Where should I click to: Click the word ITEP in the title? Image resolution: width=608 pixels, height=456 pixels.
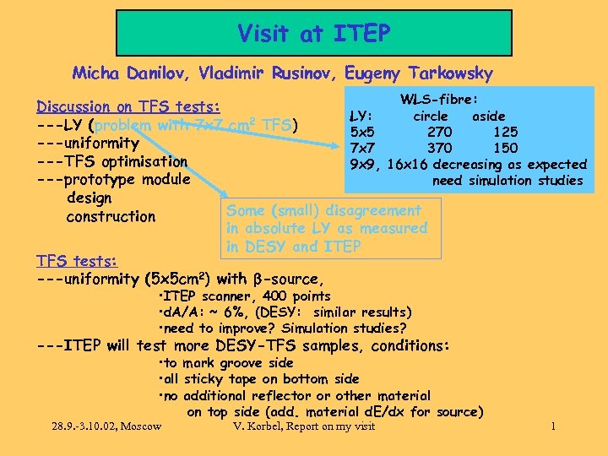pyautogui.click(x=361, y=34)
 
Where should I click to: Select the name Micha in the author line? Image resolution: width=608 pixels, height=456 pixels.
pyautogui.click(x=95, y=73)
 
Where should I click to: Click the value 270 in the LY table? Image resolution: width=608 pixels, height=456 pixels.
pyautogui.click(x=439, y=132)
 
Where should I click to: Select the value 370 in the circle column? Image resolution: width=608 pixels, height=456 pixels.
pyautogui.click(x=439, y=148)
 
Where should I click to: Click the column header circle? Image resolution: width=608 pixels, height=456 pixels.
pyautogui.click(x=431, y=116)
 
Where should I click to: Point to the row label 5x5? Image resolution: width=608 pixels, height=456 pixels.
pyautogui.click(x=362, y=132)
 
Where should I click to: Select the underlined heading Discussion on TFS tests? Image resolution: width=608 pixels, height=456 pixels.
pyautogui.click(x=128, y=106)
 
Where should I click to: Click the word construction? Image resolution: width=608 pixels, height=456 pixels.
pyautogui.click(x=111, y=216)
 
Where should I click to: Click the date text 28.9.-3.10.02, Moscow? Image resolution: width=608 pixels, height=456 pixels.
pyautogui.click(x=105, y=426)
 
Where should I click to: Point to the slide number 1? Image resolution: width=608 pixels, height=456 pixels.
pyautogui.click(x=553, y=426)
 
